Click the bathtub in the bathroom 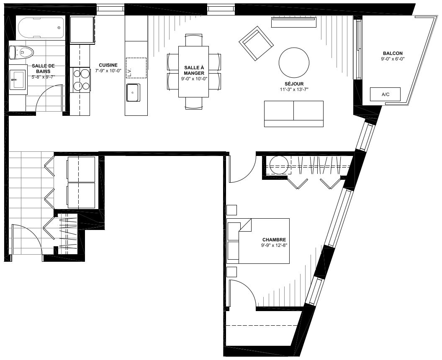point(41,28)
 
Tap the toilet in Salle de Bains point(21,52)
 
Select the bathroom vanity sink point(18,80)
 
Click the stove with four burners point(81,79)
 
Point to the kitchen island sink point(133,92)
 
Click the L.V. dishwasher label point(130,72)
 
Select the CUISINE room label point(108,65)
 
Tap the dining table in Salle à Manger point(193,71)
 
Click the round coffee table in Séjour point(294,63)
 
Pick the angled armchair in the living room point(256,43)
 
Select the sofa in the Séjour point(294,114)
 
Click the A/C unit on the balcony point(385,94)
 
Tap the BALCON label point(393,53)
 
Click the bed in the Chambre point(258,241)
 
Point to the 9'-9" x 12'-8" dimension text point(274,245)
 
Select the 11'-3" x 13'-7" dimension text point(294,89)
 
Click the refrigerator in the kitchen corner point(82,30)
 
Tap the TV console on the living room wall point(294,23)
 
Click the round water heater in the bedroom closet point(279,165)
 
